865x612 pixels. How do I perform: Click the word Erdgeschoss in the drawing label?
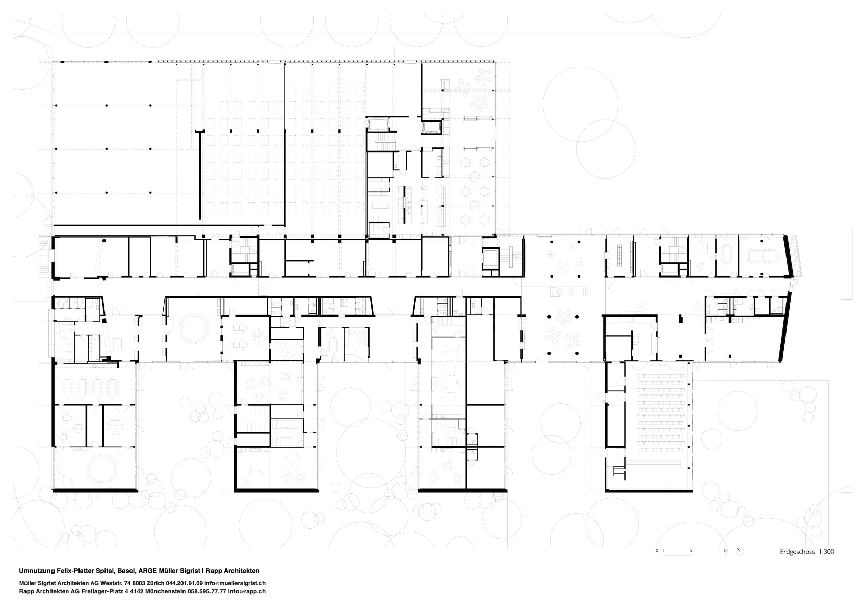[x=796, y=552]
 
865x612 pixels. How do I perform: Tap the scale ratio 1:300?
[x=825, y=552]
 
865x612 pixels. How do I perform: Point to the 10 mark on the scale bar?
[x=726, y=550]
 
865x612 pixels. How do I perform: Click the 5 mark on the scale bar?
[x=691, y=550]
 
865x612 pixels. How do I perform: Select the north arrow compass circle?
[x=740, y=551]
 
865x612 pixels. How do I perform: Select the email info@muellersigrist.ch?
[x=235, y=583]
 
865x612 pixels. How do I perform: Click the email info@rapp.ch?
[x=247, y=591]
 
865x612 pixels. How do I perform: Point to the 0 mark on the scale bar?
[x=657, y=550]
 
